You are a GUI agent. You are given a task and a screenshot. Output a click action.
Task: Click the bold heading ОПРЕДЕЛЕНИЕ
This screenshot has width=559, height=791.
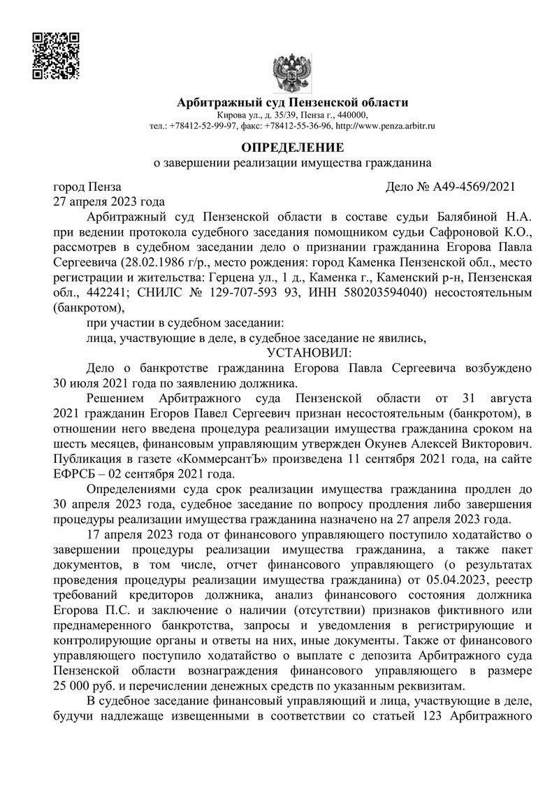pyautogui.click(x=292, y=148)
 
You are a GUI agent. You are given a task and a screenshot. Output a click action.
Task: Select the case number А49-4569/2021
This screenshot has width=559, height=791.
pyautogui.click(x=474, y=187)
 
